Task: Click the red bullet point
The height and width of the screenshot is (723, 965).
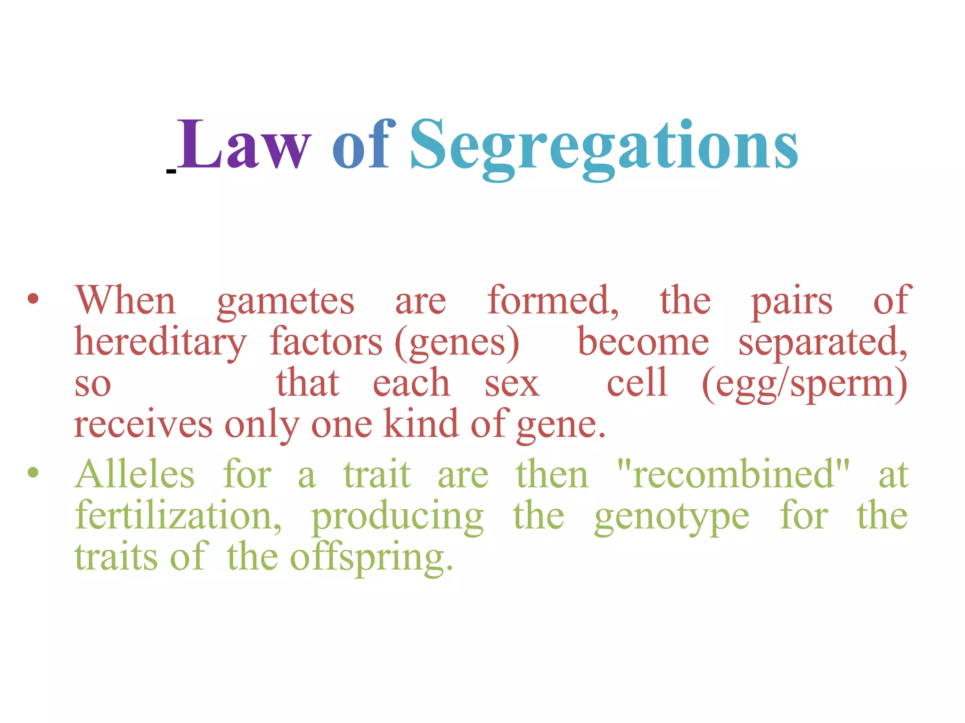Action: pyautogui.click(x=33, y=299)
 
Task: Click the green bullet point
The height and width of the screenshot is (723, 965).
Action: pyautogui.click(x=33, y=472)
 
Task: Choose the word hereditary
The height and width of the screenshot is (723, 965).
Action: pyautogui.click(x=160, y=343)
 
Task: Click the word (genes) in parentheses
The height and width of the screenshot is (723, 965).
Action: pyautogui.click(x=457, y=343)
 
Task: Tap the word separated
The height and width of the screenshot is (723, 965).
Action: pyautogui.click(x=822, y=343)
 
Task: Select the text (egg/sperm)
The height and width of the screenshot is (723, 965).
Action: pyautogui.click(x=804, y=384)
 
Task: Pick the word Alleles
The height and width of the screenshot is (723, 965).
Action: pyautogui.click(x=135, y=474)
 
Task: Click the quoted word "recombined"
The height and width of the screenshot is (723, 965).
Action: pyautogui.click(x=733, y=474)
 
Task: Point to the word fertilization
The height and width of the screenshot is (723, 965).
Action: pyautogui.click(x=178, y=516)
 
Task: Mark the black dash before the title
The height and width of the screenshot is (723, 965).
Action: pyautogui.click(x=171, y=172)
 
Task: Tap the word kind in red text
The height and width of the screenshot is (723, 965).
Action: pyautogui.click(x=421, y=424)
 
